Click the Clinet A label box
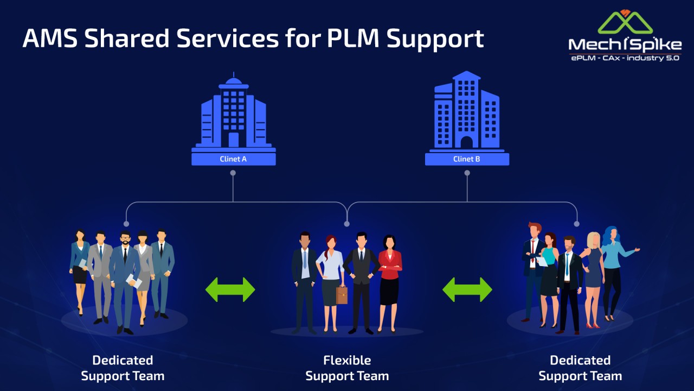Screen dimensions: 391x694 click(233, 159)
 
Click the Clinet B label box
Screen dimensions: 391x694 click(467, 159)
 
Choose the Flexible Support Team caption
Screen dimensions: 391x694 click(347, 368)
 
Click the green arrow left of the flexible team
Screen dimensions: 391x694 click(230, 289)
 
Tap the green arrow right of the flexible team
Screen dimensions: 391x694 click(467, 289)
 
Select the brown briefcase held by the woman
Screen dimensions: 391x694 click(342, 295)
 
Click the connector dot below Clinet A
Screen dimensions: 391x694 click(233, 173)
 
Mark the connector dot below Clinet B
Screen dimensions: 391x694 click(467, 173)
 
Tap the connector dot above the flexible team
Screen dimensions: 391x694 click(347, 223)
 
